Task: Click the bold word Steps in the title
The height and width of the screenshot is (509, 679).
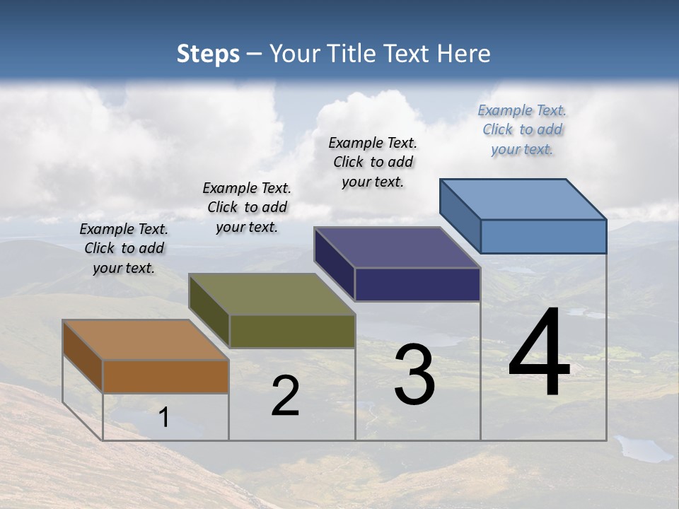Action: pos(208,54)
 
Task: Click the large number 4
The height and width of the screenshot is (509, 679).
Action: pos(539,353)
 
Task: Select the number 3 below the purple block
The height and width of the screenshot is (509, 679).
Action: pos(414,375)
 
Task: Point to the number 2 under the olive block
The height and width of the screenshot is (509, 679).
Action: pos(285,397)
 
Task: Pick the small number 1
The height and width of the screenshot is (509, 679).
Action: pos(164,417)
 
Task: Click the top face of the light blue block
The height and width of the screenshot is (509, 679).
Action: pos(523,199)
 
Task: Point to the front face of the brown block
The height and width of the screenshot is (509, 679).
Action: pos(166,376)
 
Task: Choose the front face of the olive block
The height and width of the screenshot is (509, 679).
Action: pos(292,331)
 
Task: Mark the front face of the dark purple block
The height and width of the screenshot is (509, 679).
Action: pos(417,284)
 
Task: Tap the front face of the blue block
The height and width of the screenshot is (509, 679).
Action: pos(543,236)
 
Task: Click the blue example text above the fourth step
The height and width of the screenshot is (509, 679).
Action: pos(522,130)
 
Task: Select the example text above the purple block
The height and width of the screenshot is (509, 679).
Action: pos(373,162)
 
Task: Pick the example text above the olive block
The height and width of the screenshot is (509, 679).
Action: pos(247,207)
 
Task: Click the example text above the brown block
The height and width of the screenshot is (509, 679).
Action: pos(124,248)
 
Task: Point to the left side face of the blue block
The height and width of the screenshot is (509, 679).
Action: pos(460,216)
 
